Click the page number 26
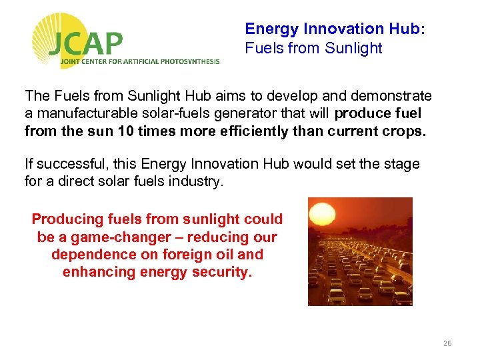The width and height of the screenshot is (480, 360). pyautogui.click(x=447, y=343)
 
